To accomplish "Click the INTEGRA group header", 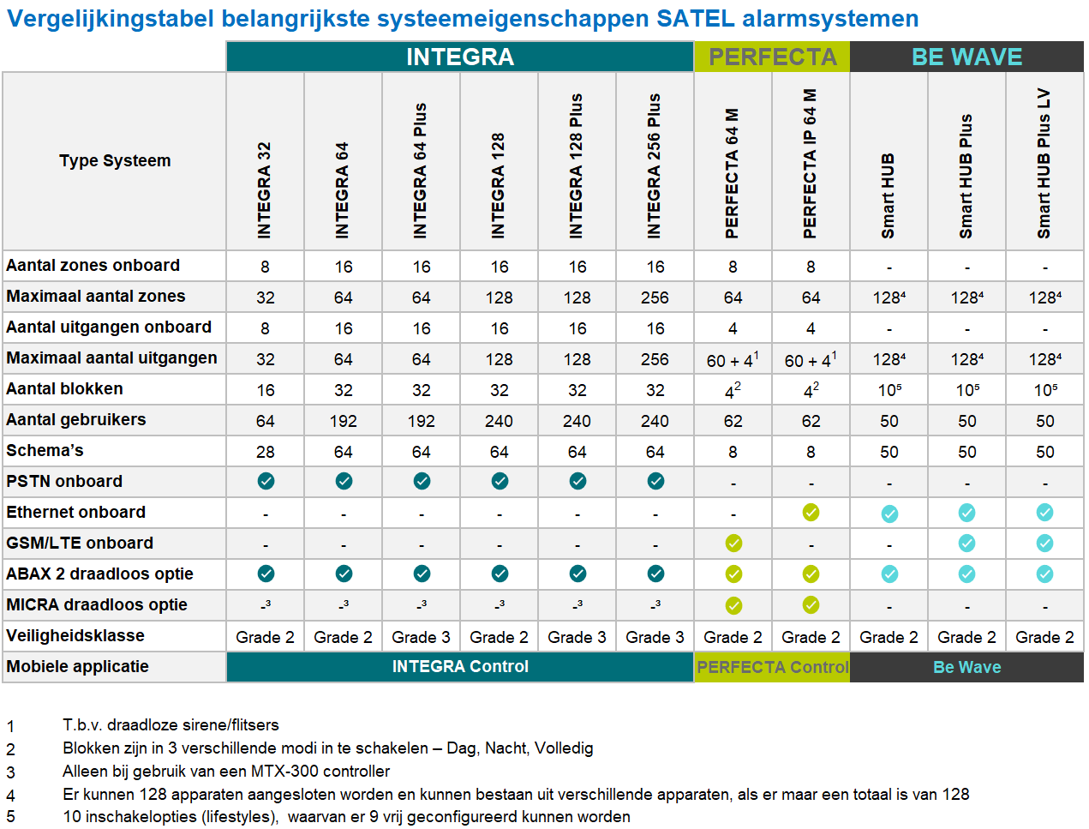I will pos(460,57).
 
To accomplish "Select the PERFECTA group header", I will pos(772,57).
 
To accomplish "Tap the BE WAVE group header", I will pos(966,57).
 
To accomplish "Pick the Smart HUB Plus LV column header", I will pos(1044,163).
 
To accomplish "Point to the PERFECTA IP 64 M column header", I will pos(811,163).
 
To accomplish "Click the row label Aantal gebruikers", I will pos(76,419).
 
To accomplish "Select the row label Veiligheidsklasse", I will pos(75,635).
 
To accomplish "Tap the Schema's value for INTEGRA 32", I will pos(266,452).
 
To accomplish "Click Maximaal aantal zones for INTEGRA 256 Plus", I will pos(655,297).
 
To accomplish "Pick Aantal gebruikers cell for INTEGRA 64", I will pos(344,421).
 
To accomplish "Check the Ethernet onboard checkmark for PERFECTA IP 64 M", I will pos(811,512).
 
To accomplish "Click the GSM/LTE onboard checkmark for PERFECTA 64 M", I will pos(733,543).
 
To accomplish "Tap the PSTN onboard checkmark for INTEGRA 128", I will pos(500,481).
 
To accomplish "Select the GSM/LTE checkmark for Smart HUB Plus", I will pos(966,543).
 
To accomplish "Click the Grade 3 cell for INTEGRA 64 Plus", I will pos(421,637).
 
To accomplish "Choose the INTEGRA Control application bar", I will pos(460,666).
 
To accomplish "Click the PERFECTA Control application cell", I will pos(772,667).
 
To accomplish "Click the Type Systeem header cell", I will pos(115,160).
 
